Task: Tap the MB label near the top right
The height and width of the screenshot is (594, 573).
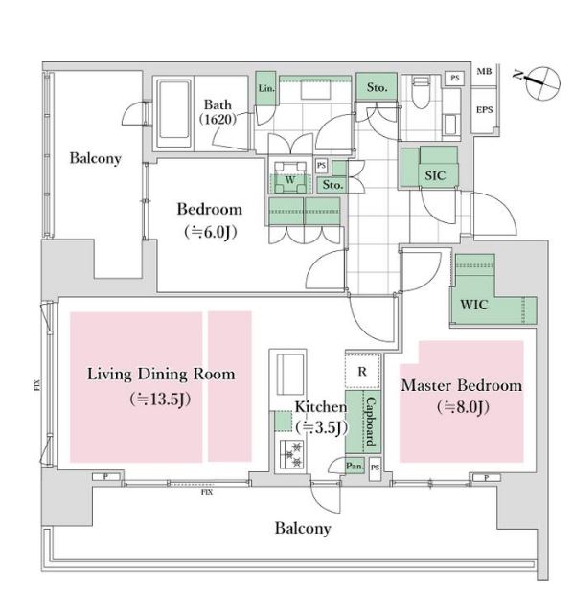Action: (x=484, y=71)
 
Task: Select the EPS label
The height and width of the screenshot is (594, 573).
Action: (x=484, y=110)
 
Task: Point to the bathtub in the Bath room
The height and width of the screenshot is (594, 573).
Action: (x=174, y=113)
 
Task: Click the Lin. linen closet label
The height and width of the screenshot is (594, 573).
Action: (x=266, y=88)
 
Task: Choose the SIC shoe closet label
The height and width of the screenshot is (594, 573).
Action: (x=435, y=175)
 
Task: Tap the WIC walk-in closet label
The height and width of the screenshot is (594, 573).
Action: (x=473, y=305)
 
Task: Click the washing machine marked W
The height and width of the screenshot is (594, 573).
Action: (x=290, y=177)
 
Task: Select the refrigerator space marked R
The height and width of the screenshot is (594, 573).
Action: (x=362, y=372)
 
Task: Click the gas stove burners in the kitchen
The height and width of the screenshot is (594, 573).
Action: (x=291, y=454)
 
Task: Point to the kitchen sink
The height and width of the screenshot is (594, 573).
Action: (x=290, y=375)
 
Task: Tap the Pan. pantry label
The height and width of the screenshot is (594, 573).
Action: (x=355, y=466)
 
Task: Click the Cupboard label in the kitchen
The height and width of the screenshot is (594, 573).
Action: (x=371, y=422)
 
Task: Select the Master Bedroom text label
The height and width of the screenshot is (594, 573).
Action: (x=462, y=385)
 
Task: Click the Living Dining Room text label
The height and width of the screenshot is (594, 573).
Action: (x=161, y=375)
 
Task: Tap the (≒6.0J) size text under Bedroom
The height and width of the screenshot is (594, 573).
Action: (x=211, y=232)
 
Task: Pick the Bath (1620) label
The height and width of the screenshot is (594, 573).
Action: (x=218, y=112)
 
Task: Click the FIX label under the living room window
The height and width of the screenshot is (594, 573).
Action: (x=207, y=492)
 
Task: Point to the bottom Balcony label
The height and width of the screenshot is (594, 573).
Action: (x=303, y=529)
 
